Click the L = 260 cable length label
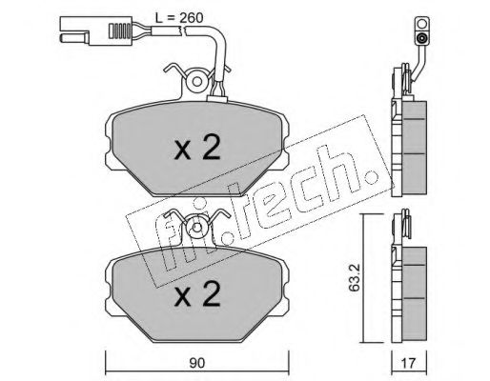tap(179, 18)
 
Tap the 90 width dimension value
tap(196, 363)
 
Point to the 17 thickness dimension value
tap(409, 363)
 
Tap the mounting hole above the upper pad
tap(197, 82)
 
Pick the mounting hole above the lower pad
tap(197, 227)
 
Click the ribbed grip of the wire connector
tap(120, 30)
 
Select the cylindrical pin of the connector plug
tap(74, 38)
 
